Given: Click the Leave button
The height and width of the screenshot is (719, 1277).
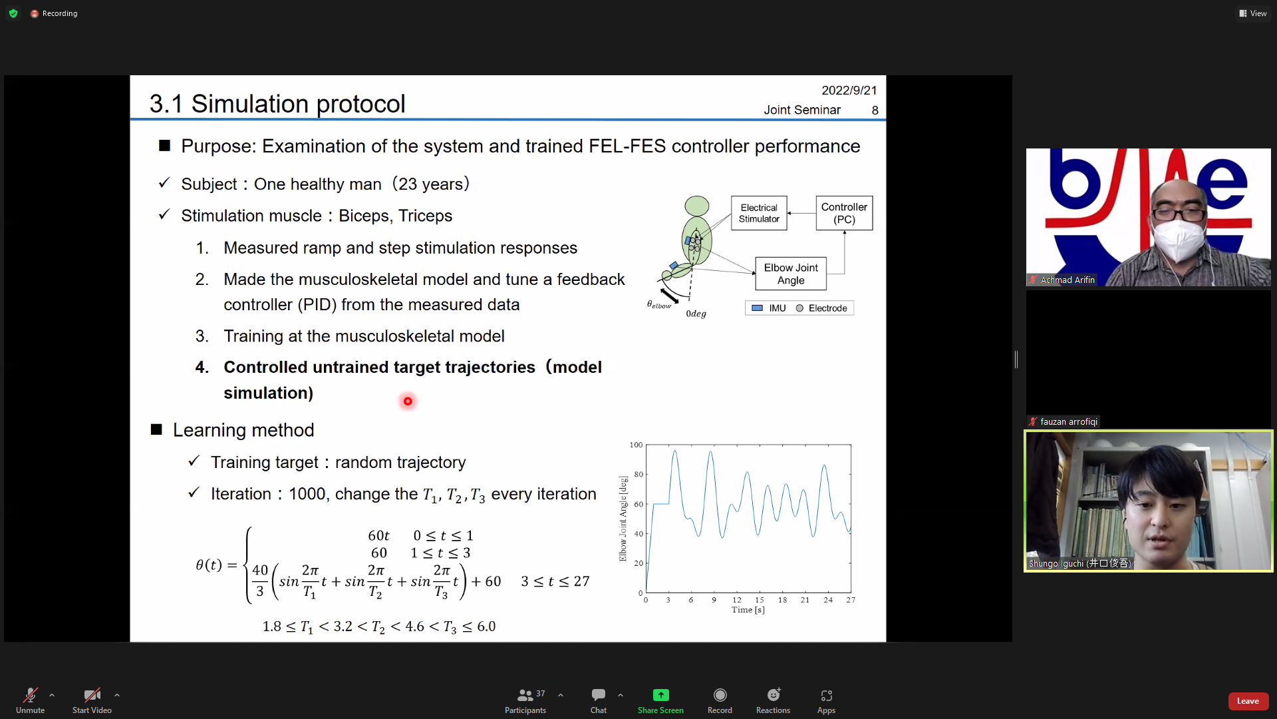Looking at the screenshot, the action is (x=1248, y=701).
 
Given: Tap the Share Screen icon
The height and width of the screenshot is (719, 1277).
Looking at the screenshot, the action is (x=660, y=695).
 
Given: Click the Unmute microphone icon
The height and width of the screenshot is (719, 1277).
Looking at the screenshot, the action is (x=31, y=695).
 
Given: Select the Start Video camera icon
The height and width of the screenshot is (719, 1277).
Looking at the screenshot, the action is (x=92, y=695).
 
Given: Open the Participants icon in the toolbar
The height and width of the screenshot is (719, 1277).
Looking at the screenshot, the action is (x=525, y=695).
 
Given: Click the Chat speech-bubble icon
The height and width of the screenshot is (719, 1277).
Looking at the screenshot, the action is (x=599, y=695).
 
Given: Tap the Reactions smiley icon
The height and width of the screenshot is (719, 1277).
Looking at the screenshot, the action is (x=774, y=695).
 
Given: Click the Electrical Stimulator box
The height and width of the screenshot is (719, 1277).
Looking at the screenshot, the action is (x=759, y=213).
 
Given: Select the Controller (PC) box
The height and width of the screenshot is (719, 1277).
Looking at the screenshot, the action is (x=844, y=213).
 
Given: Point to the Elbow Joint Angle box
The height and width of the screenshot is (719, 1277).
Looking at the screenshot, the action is (x=791, y=274).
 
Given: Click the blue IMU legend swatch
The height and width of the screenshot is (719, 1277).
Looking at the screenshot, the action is (x=757, y=308).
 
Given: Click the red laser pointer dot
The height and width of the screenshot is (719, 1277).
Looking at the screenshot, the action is (x=408, y=401).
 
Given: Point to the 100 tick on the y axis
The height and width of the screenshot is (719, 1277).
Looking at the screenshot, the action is (x=636, y=445).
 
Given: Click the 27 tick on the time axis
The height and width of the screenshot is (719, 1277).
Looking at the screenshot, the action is (x=851, y=600).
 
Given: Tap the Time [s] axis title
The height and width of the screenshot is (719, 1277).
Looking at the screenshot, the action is (x=748, y=610).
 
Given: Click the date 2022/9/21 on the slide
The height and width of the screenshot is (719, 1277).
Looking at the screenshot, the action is (x=849, y=91).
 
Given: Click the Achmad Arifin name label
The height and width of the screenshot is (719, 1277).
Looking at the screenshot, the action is (x=1067, y=280).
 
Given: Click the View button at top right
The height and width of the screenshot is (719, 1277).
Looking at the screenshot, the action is (x=1253, y=13).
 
